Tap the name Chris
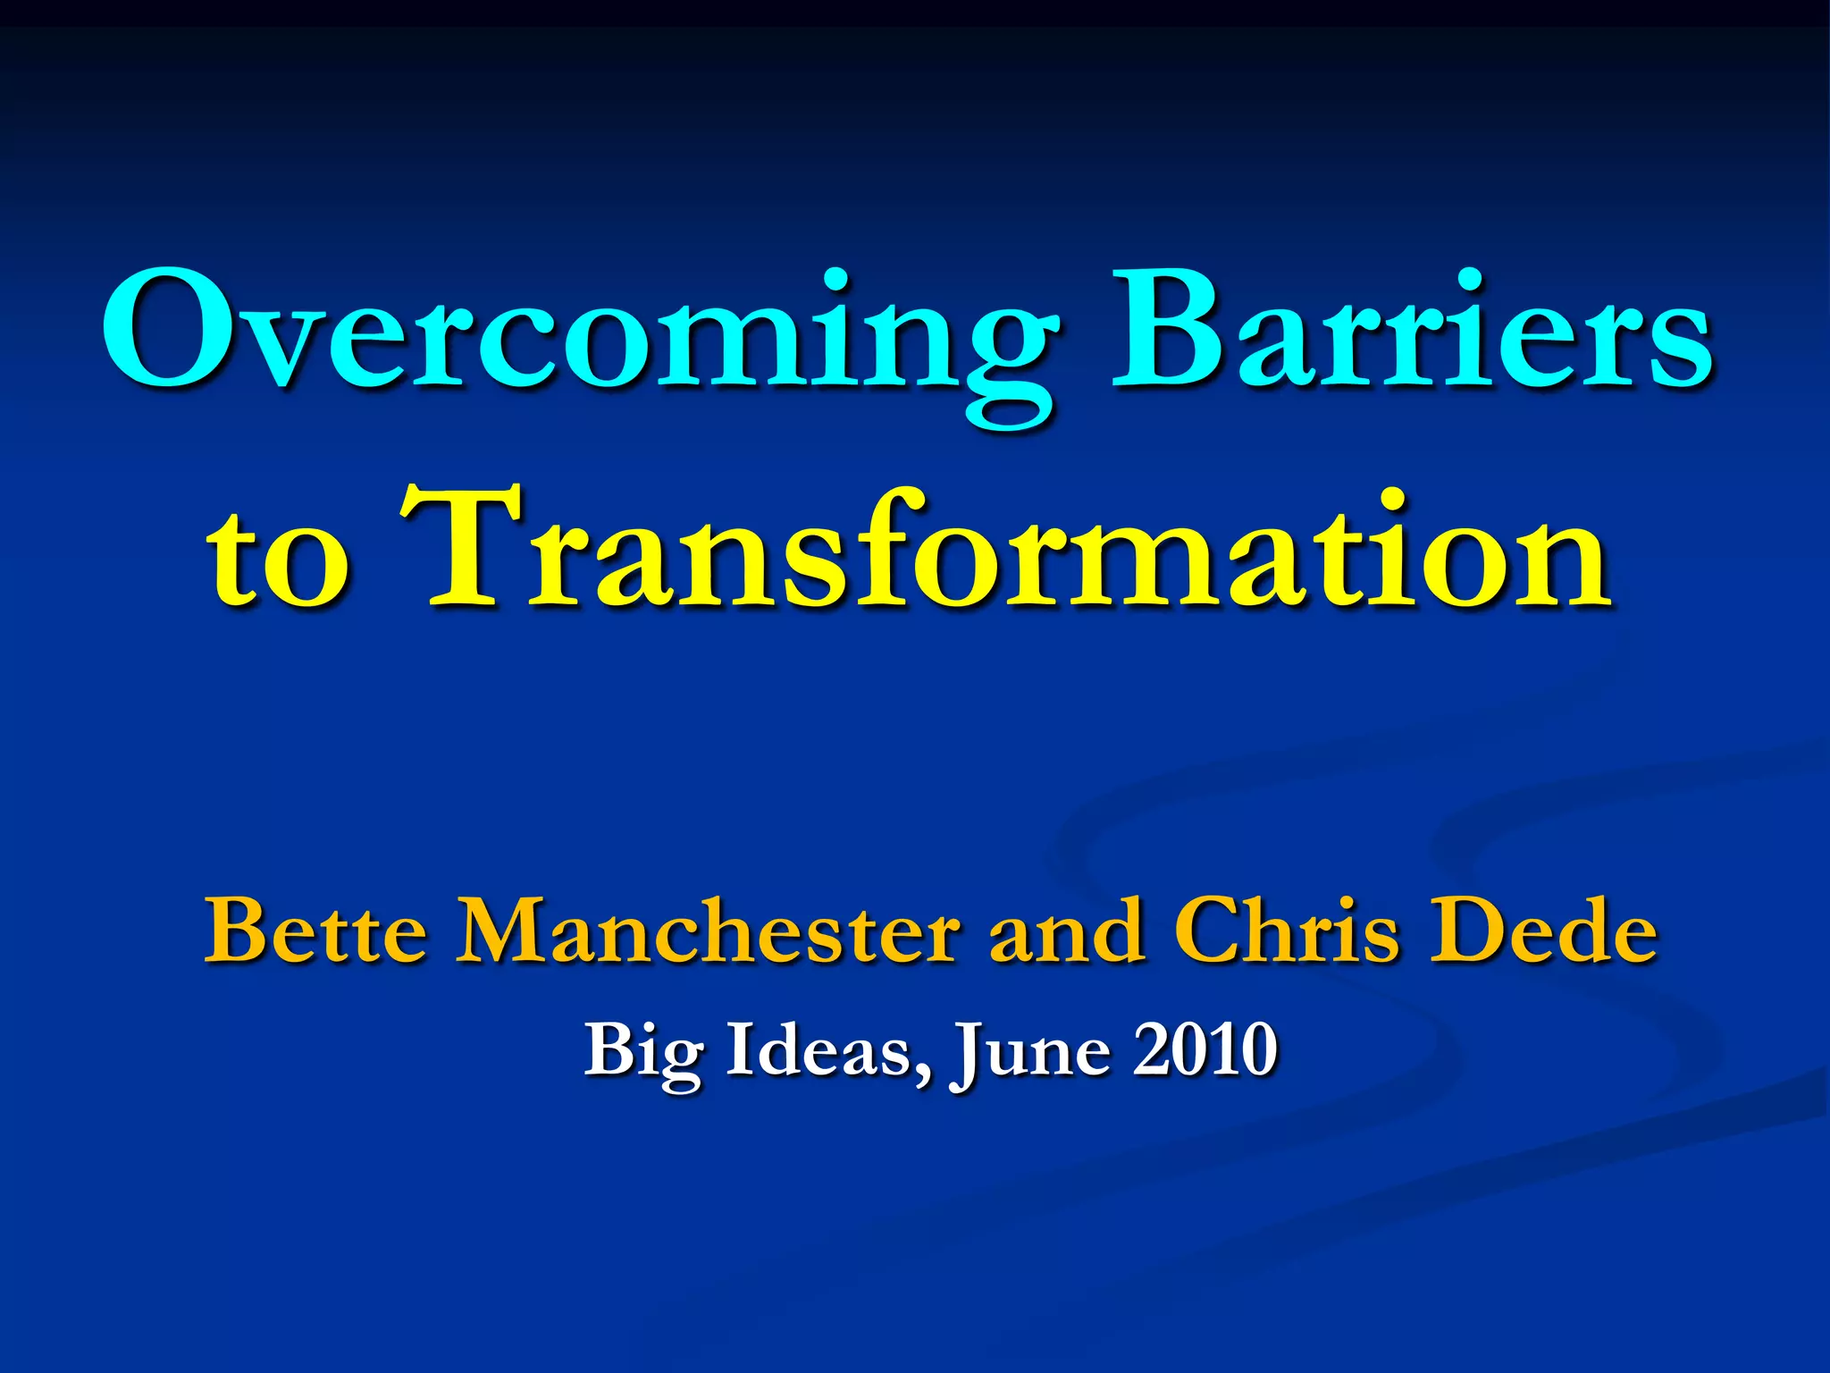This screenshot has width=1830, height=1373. (x=1286, y=934)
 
